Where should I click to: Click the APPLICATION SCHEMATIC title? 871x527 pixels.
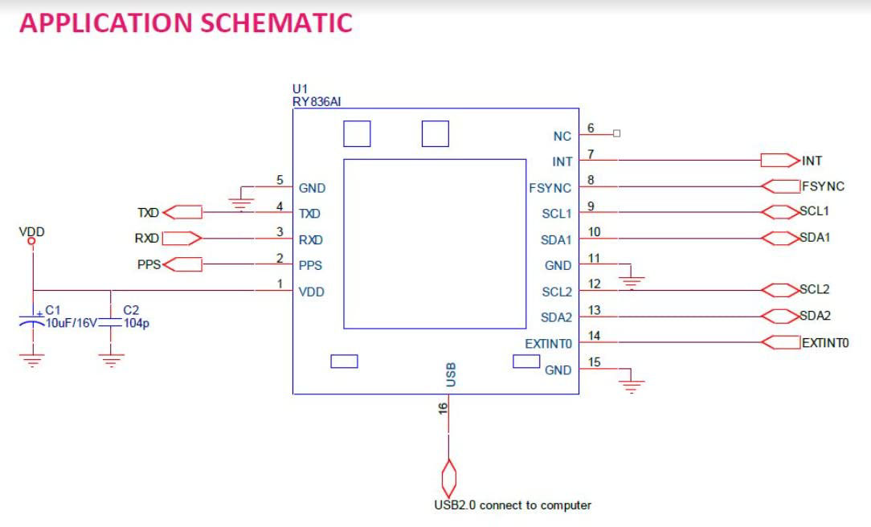click(x=186, y=22)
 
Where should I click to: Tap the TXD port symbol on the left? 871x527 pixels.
click(x=183, y=213)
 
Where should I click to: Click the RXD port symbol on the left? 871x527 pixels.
click(x=182, y=238)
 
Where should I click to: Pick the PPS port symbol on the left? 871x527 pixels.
click(x=183, y=263)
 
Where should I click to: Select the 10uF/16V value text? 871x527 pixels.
click(x=71, y=323)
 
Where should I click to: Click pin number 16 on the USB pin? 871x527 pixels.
click(x=443, y=408)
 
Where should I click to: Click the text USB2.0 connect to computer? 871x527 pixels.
click(x=513, y=505)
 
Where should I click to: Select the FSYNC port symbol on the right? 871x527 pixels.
click(x=780, y=186)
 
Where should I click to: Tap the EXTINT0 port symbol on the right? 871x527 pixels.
click(x=780, y=342)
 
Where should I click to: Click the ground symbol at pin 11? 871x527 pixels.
click(x=632, y=280)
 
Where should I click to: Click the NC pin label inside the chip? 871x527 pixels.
click(x=562, y=137)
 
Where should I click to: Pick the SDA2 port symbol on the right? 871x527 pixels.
click(x=779, y=316)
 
